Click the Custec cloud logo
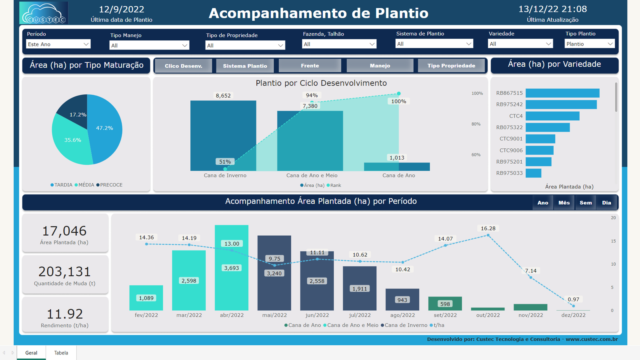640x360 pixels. click(44, 13)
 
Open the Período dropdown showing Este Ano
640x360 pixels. click(58, 44)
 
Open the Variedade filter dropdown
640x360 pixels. click(520, 44)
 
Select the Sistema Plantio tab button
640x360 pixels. click(245, 66)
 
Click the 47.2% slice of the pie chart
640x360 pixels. click(106, 128)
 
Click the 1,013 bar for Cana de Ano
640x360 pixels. click(397, 166)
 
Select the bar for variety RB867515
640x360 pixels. click(562, 93)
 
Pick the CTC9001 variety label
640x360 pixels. click(511, 139)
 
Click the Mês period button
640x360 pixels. click(564, 203)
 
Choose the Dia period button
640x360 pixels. click(606, 203)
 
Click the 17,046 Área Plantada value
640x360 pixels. click(64, 231)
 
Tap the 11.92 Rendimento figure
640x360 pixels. click(65, 314)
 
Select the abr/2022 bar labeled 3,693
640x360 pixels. click(232, 268)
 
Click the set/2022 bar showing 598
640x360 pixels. click(445, 304)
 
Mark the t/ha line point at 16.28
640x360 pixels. click(488, 236)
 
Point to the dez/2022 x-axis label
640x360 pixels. click(573, 315)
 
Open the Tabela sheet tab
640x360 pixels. click(61, 353)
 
